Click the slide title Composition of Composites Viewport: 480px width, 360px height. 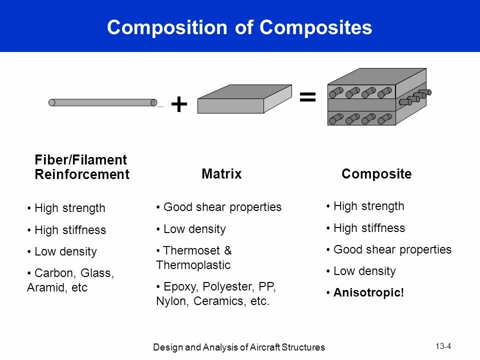coord(239,27)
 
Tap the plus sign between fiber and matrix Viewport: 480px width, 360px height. coord(179,105)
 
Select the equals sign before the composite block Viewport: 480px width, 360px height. coord(307,97)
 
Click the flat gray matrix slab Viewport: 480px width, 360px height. coord(244,99)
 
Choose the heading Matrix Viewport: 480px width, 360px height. coord(221,174)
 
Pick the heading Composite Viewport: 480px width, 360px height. coord(376,174)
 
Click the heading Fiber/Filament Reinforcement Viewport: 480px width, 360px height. coord(81,167)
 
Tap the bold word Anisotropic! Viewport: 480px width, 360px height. coord(368,292)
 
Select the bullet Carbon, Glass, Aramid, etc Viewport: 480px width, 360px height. coord(70,280)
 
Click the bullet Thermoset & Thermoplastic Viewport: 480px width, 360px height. coord(194,257)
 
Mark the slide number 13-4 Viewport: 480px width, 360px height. coord(443,346)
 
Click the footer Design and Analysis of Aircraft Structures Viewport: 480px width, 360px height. coord(239,347)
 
